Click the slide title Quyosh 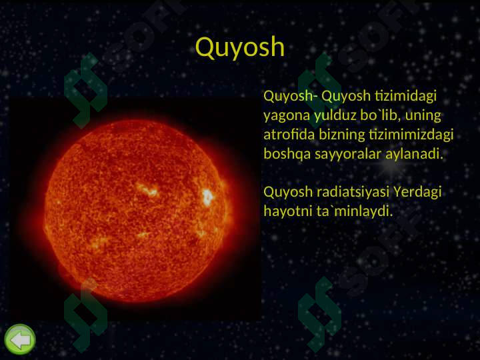click(x=240, y=47)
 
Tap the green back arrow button click(x=20, y=340)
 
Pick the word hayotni click(x=285, y=212)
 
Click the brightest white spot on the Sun click(x=207, y=197)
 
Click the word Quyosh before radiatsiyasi click(x=288, y=193)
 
